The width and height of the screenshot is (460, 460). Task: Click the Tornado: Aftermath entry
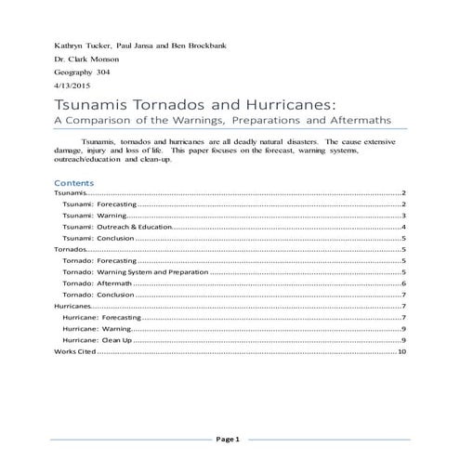(93, 283)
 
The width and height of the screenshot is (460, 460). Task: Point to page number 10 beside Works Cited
(401, 353)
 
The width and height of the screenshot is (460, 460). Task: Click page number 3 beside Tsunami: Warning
(404, 216)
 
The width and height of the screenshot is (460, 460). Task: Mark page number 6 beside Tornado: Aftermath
(404, 283)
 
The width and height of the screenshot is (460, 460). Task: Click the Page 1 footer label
(229, 438)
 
